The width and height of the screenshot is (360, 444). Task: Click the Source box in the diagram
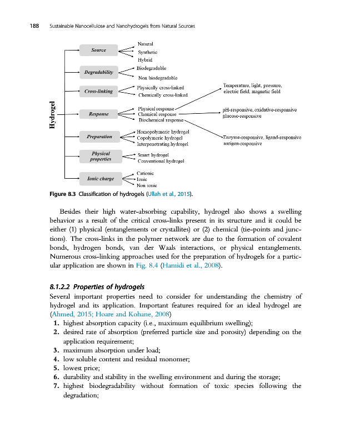(98, 51)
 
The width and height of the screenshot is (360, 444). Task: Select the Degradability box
(98, 72)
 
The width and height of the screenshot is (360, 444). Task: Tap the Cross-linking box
(98, 92)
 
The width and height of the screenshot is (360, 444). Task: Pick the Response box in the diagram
(98, 114)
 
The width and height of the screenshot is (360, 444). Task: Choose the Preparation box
(99, 136)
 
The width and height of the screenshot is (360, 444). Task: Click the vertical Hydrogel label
(53, 115)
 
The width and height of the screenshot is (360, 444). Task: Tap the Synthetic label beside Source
(147, 52)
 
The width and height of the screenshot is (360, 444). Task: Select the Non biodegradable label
(157, 78)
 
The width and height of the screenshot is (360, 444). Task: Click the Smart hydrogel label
(153, 155)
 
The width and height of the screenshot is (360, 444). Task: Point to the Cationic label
(145, 173)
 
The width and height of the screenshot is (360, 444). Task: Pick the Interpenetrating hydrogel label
(163, 143)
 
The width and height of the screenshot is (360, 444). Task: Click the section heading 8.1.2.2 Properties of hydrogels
(97, 287)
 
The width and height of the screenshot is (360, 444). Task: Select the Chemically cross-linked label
(161, 95)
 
